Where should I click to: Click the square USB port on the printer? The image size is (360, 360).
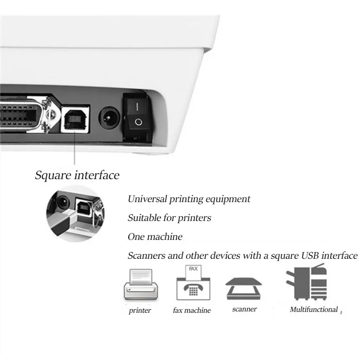point(75,119)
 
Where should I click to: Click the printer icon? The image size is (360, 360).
point(141,285)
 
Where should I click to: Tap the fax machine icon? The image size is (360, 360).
point(193,283)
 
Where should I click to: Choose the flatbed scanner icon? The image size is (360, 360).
point(243,288)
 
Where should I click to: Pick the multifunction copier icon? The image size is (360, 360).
point(307,282)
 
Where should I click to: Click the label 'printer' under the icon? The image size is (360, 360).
point(140,310)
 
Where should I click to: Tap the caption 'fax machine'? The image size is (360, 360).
point(192,310)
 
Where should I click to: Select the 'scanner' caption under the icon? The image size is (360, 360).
point(244,309)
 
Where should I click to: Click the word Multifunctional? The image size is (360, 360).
point(314,310)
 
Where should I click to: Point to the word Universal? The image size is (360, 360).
point(147,199)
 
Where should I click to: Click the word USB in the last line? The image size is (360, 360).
point(310,256)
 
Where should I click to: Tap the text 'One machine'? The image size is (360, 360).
point(155,237)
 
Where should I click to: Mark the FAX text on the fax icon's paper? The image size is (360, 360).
point(193,269)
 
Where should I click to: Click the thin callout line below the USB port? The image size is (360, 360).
point(75,148)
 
